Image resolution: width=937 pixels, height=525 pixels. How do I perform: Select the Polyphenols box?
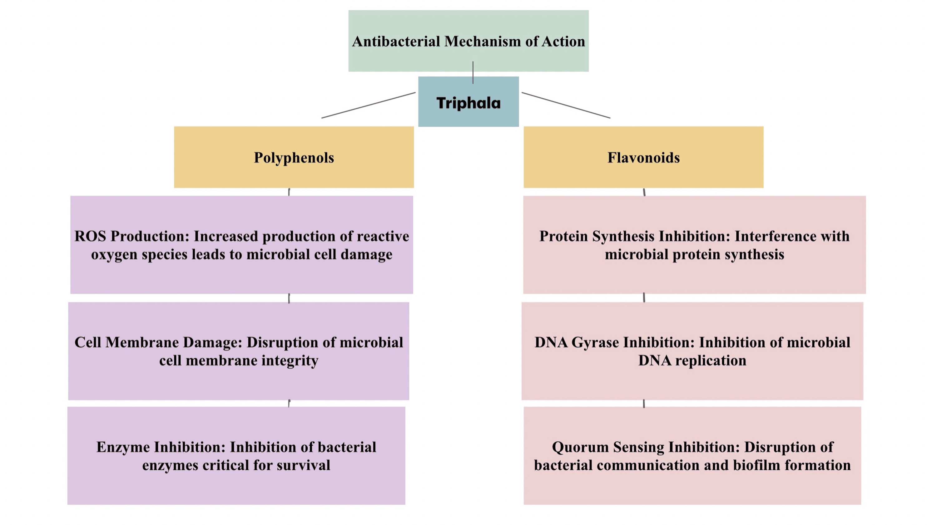294,157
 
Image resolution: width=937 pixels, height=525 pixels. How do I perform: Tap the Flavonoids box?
643,157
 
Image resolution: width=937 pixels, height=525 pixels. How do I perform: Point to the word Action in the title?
563,42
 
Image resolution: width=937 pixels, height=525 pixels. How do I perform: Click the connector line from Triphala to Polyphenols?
368,105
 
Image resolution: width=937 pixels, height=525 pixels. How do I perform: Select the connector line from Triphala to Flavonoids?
566,105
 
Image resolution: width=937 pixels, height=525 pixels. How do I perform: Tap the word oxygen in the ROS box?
114,254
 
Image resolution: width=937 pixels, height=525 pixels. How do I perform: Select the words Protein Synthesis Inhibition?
634,236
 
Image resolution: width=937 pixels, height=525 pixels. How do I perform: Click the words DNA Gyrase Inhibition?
614,342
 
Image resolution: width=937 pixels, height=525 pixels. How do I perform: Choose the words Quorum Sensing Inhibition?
646,447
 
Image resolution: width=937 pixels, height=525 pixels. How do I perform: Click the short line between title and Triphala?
473,73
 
